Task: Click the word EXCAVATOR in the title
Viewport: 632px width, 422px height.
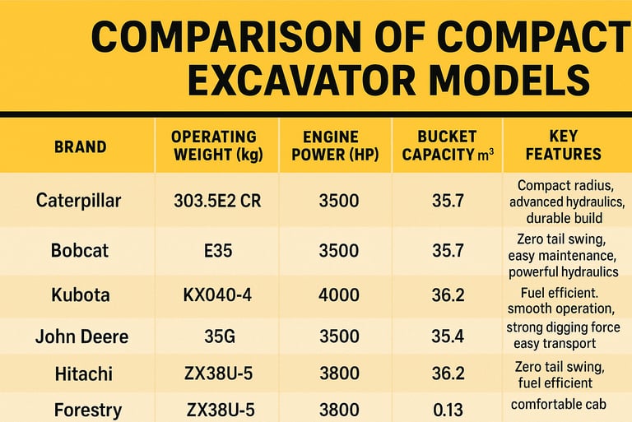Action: pos(304,80)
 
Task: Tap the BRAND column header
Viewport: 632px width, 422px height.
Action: pos(80,147)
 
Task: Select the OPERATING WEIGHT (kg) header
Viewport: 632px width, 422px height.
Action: pos(213,146)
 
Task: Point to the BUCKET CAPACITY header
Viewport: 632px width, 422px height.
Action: pos(447,146)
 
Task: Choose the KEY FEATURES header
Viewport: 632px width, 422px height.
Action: pos(563,146)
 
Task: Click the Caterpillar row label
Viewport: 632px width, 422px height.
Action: pos(79,200)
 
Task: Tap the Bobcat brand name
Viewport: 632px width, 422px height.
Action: pos(79,250)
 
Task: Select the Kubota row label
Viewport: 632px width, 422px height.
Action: pos(79,294)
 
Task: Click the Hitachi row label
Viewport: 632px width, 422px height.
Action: pos(79,375)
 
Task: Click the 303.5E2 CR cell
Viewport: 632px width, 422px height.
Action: pos(218,200)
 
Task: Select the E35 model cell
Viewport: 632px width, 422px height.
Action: pos(218,250)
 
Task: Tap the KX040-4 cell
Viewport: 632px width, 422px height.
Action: pos(218,294)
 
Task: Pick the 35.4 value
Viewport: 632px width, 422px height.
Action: pos(448,336)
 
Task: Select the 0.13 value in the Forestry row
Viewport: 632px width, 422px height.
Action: pos(448,409)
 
